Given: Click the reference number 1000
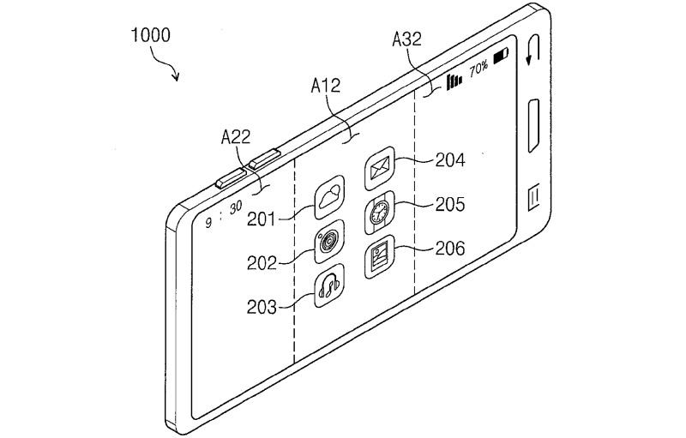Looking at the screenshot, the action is [x=151, y=35].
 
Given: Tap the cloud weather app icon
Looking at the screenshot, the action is [x=329, y=197].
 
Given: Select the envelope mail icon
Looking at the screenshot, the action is [x=380, y=168].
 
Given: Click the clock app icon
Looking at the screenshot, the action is [x=379, y=213].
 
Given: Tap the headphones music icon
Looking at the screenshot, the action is [x=329, y=286].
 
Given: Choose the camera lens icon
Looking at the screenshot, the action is [x=329, y=242].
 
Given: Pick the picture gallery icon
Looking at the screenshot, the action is [x=379, y=257].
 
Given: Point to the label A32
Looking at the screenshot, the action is [x=406, y=39].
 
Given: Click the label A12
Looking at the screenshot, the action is [x=326, y=86].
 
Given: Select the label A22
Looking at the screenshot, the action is [x=236, y=137].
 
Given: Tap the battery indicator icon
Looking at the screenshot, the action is [x=501, y=56].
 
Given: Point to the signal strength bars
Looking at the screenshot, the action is [x=454, y=81].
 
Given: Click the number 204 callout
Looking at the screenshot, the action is [x=450, y=160].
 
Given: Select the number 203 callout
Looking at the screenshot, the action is [x=262, y=308].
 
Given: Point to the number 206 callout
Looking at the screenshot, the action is [x=450, y=249].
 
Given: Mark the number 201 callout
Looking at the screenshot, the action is [x=262, y=219].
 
